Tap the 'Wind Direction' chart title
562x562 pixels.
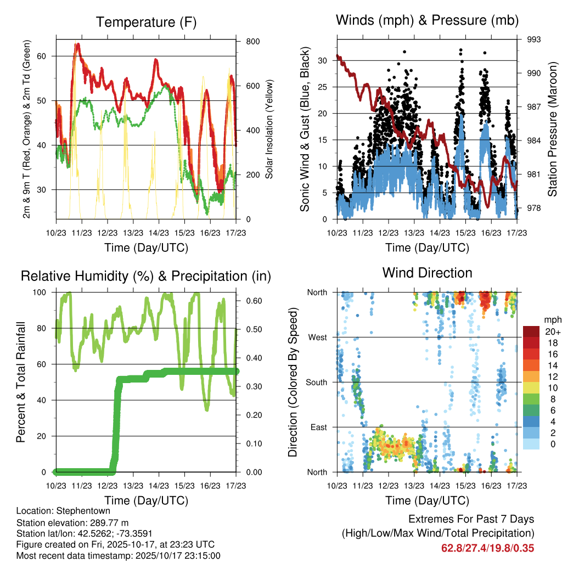click(x=427, y=272)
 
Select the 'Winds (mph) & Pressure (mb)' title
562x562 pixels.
click(x=427, y=20)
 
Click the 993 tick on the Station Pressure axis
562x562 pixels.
click(x=534, y=40)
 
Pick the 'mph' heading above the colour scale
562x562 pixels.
click(x=552, y=319)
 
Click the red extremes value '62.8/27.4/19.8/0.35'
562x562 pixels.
click(x=487, y=548)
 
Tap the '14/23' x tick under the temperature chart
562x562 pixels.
click(x=159, y=233)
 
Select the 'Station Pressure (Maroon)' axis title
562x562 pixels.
click(x=553, y=129)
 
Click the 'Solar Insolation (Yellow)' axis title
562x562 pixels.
click(x=269, y=129)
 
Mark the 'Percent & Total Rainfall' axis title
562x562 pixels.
click(x=20, y=382)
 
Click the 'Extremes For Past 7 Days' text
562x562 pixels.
click(x=471, y=519)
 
